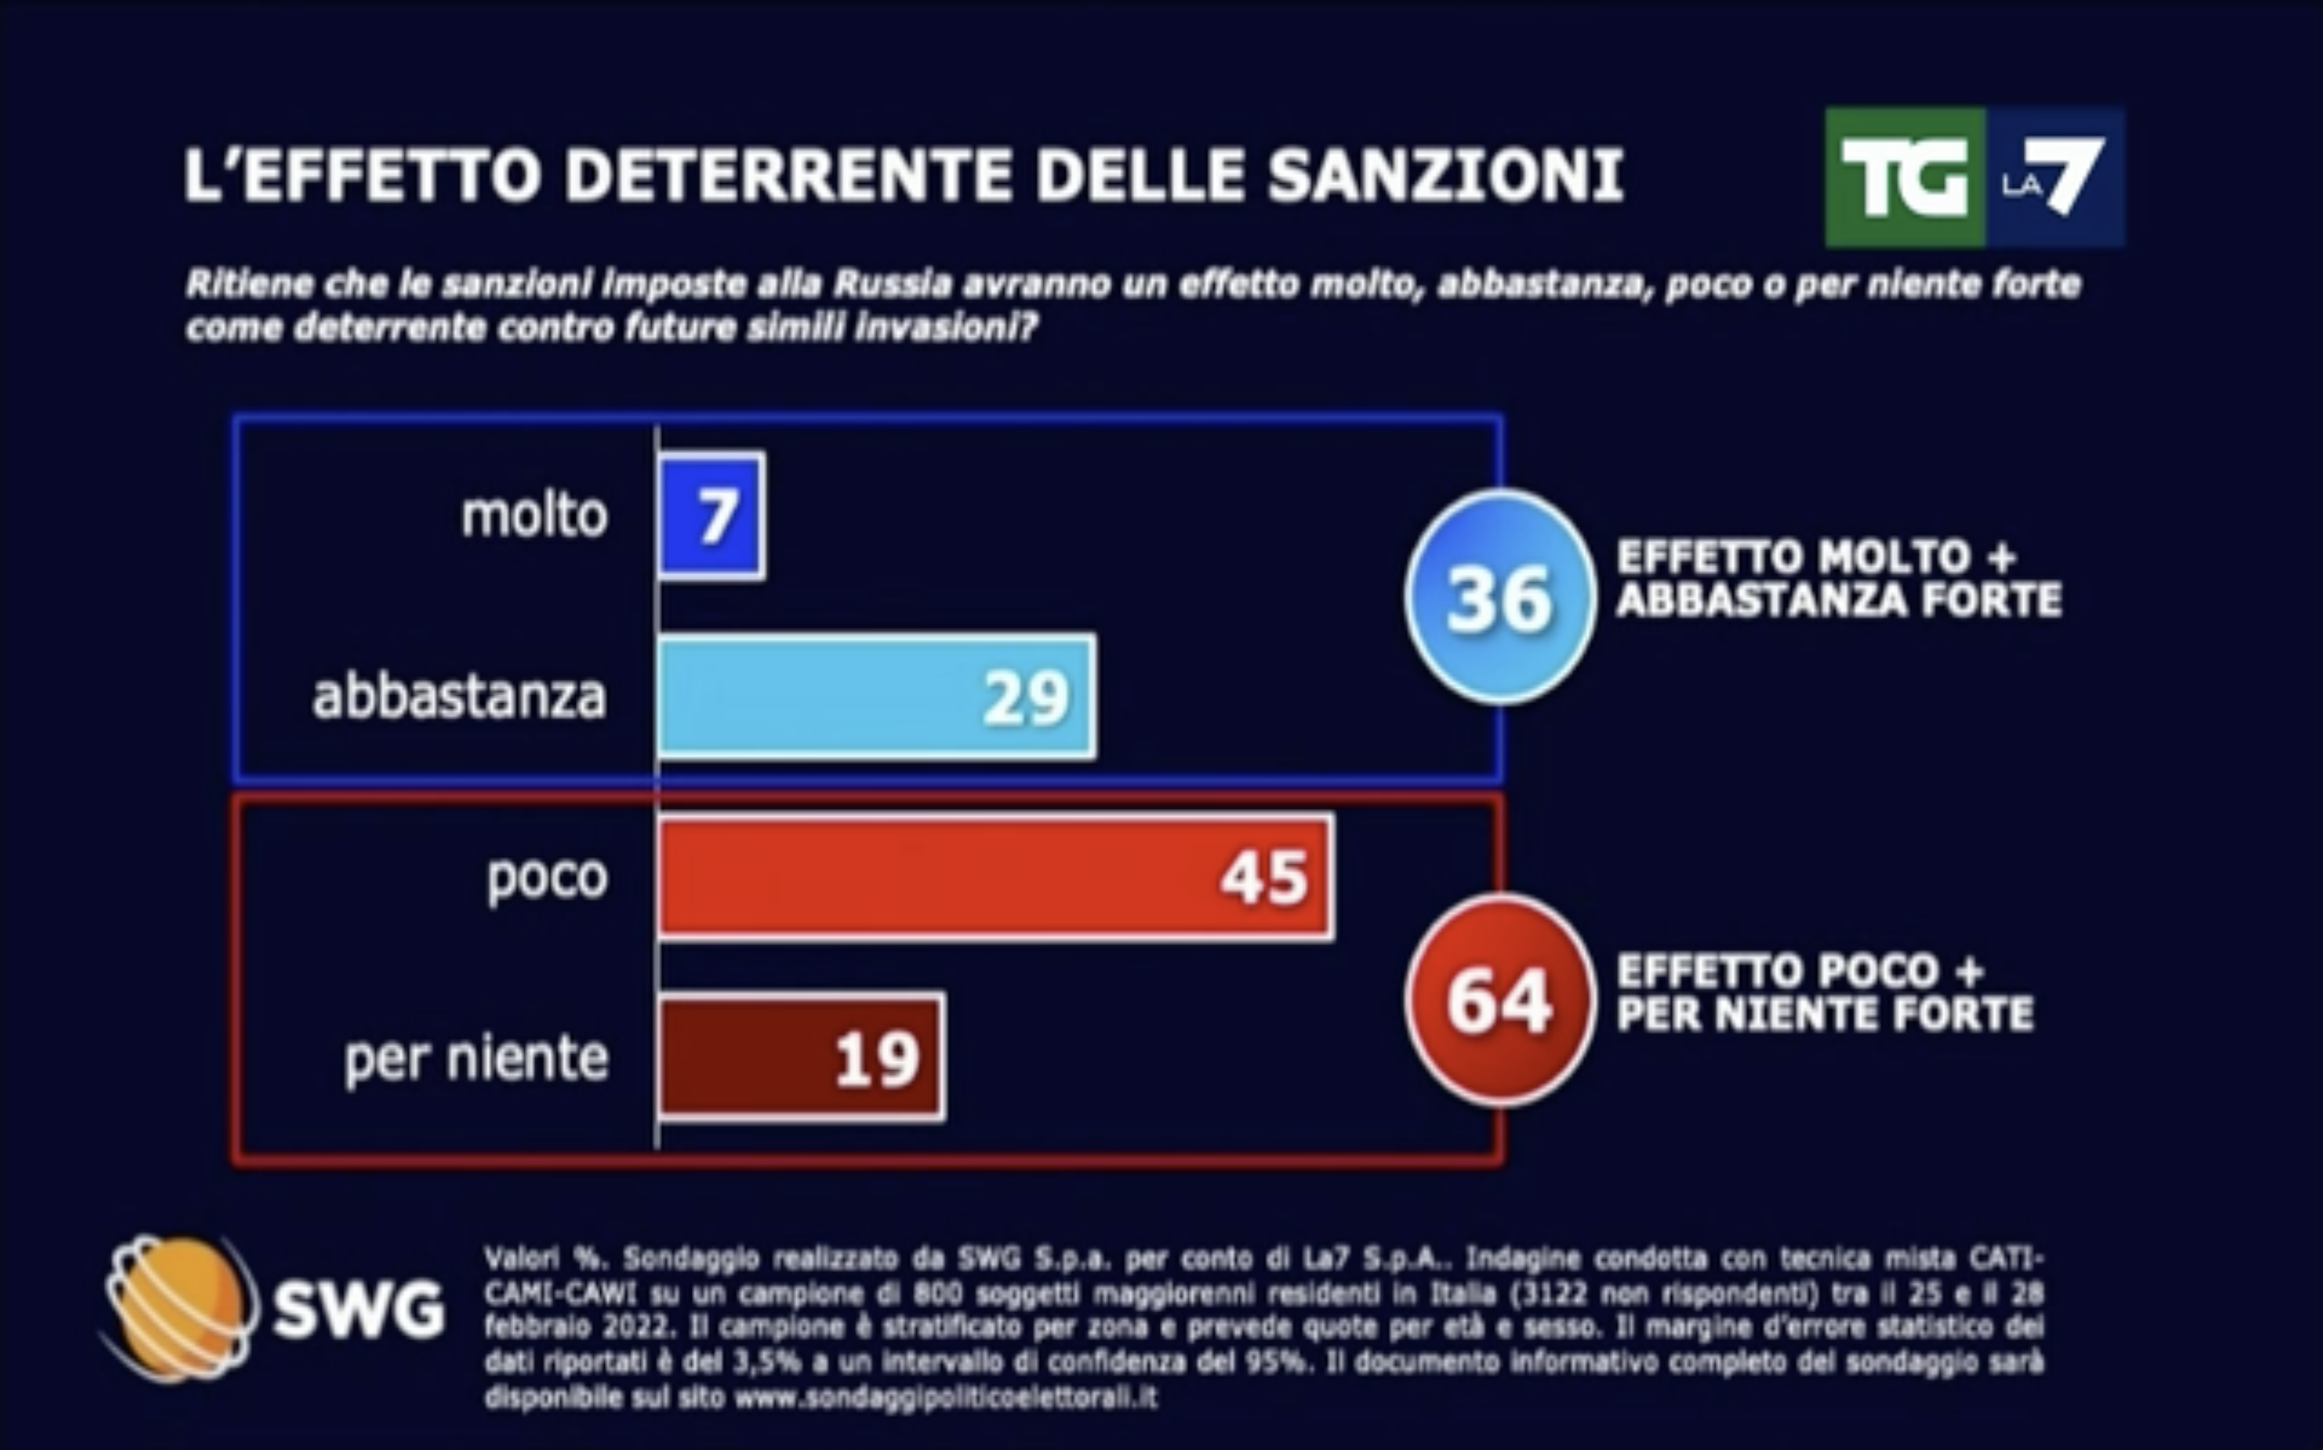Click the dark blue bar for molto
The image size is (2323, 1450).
coord(711,516)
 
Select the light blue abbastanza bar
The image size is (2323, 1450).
coord(876,696)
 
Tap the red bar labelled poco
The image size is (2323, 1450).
coord(995,877)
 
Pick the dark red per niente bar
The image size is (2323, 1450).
coord(801,1056)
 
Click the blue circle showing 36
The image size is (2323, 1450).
coord(1499,598)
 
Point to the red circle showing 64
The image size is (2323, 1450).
coord(1499,1000)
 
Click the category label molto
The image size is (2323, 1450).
coord(534,516)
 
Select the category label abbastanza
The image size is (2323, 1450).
coord(460,696)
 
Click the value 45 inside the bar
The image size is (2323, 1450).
coord(1264,877)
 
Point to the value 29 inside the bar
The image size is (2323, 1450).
coord(1025,698)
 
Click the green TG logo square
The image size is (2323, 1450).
coord(1904,178)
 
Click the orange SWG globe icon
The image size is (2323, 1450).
coord(178,1308)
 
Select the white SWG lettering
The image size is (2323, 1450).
coord(359,1309)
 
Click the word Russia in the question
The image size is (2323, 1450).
coord(892,285)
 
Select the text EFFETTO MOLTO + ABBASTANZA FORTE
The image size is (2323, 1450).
coord(1837,579)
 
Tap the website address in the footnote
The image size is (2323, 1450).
coord(945,1398)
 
